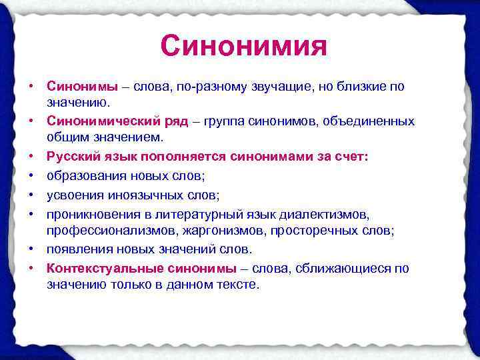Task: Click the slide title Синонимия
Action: (x=243, y=47)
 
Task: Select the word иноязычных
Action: (x=143, y=196)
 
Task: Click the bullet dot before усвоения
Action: (x=31, y=196)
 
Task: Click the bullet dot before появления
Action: (x=31, y=249)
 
